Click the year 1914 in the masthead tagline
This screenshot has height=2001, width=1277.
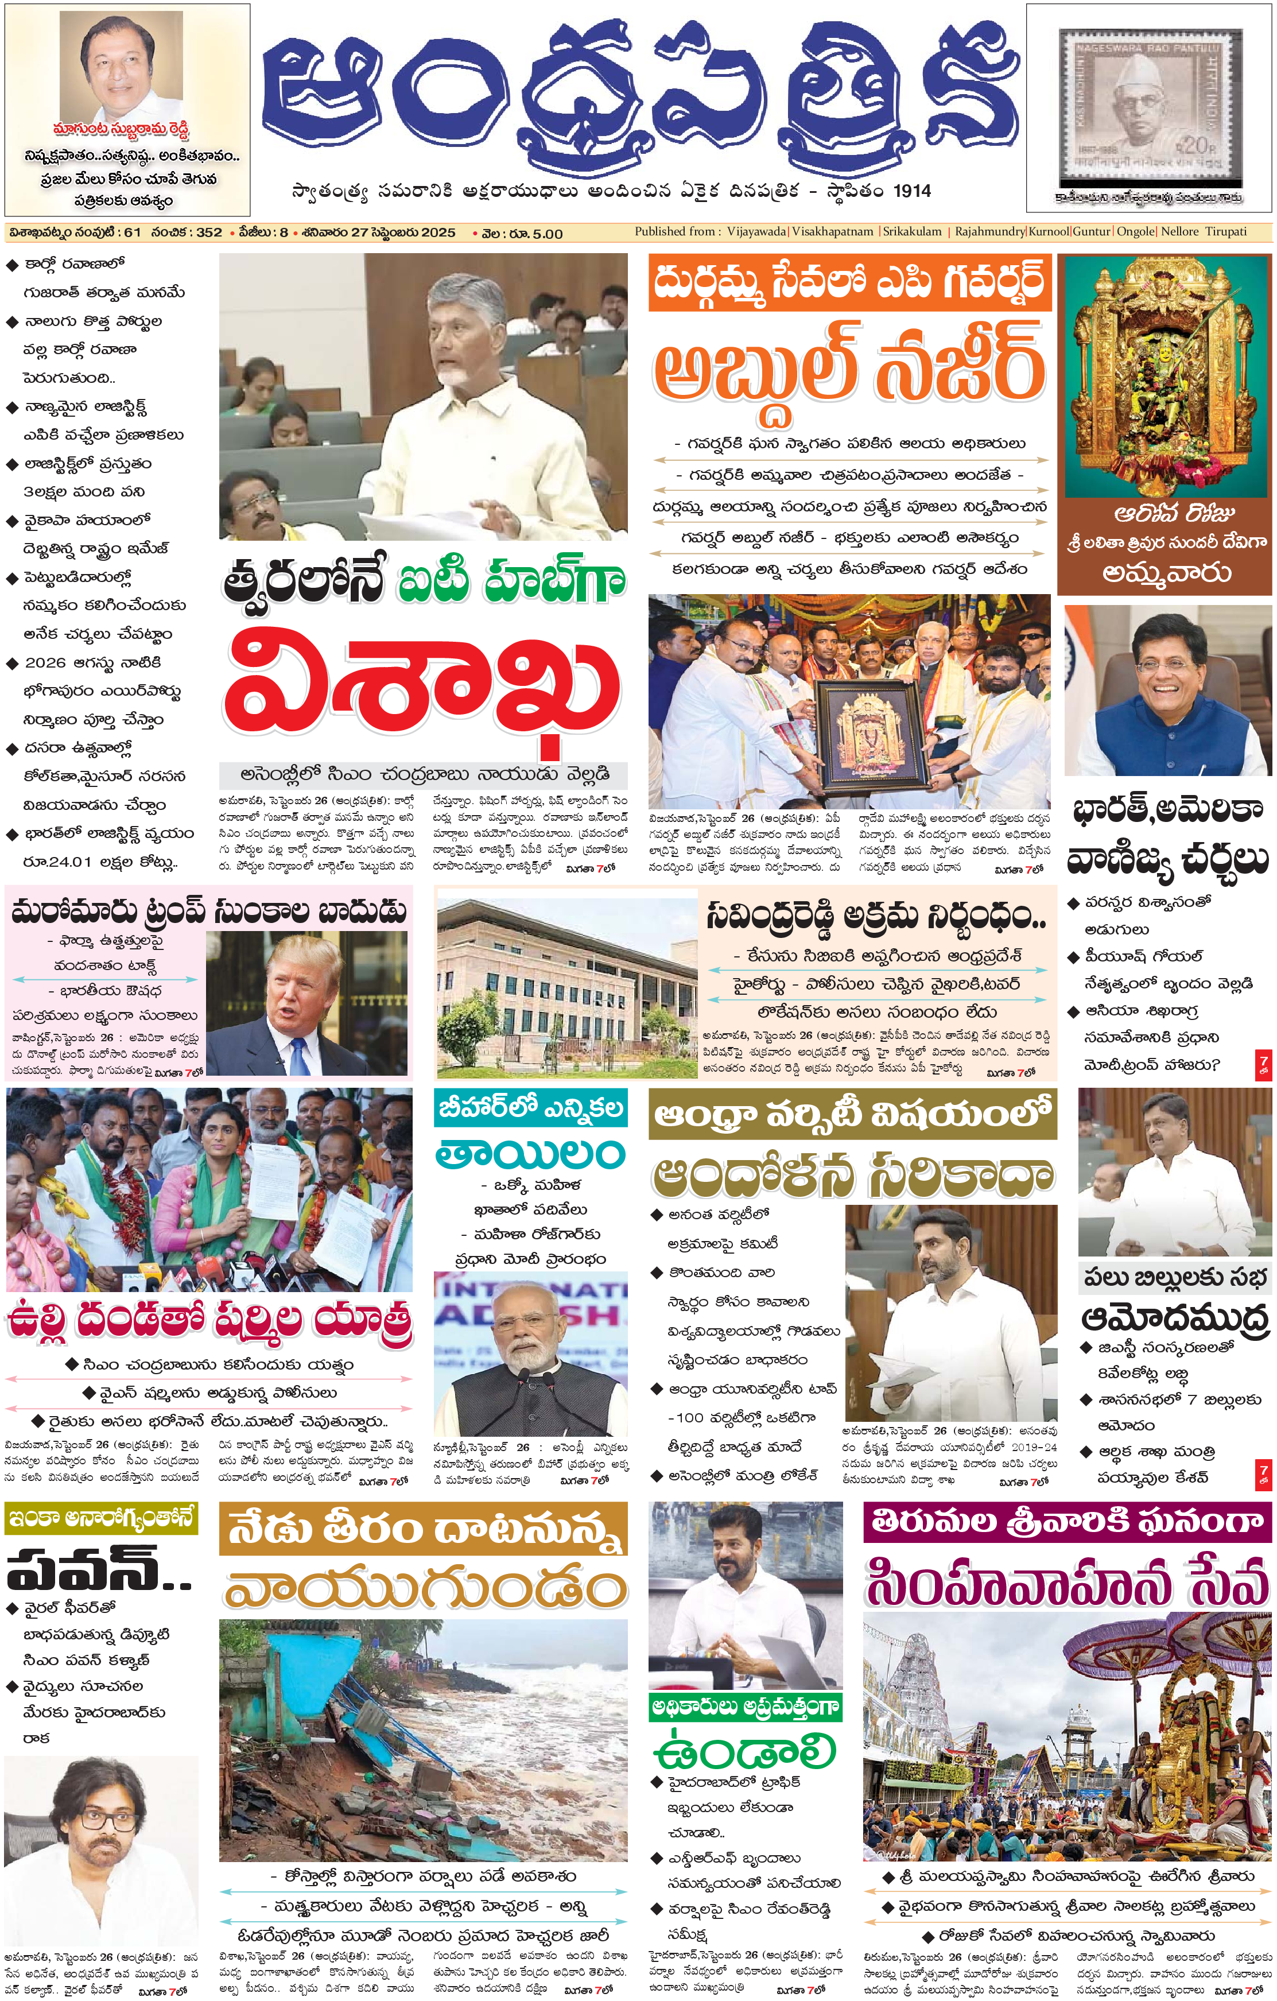[x=911, y=191]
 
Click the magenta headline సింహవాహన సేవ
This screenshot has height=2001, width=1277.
[x=1067, y=1581]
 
